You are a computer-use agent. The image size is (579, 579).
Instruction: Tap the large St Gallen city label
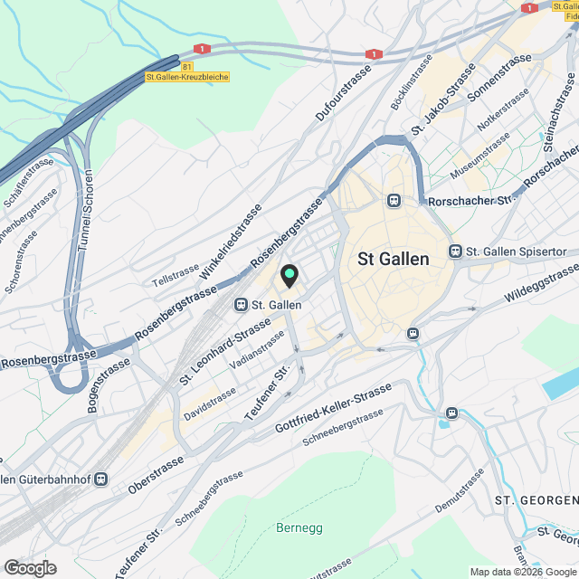[x=394, y=258]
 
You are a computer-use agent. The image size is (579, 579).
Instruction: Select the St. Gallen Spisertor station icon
[x=456, y=251]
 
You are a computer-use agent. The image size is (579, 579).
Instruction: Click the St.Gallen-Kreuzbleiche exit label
[x=187, y=77]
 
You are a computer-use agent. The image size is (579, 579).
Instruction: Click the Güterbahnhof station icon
[x=101, y=479]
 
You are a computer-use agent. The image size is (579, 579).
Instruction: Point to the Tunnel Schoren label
[x=86, y=212]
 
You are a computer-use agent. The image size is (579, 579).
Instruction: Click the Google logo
[x=29, y=567]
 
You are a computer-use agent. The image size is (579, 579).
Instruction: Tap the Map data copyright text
[x=522, y=571]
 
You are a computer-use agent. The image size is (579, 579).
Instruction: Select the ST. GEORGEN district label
[x=536, y=500]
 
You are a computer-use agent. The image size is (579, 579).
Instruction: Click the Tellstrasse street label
[x=175, y=276]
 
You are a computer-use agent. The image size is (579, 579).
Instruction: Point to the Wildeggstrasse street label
[x=541, y=284]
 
